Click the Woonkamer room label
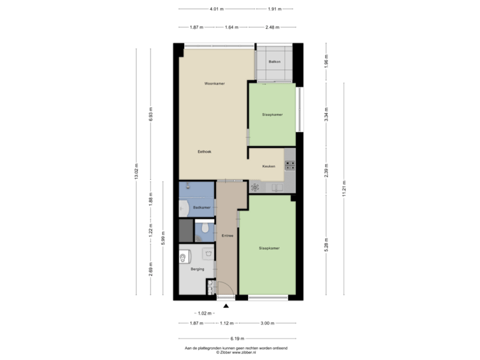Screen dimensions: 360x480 214,84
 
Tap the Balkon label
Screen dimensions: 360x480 273,62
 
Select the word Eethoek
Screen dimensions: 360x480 205,151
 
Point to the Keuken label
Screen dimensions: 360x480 269,167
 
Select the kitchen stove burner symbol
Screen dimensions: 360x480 255,187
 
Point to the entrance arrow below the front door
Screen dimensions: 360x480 226,306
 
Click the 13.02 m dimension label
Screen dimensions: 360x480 136,172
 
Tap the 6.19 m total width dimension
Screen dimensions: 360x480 237,338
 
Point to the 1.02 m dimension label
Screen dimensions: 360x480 203,313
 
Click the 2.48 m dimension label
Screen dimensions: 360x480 271,27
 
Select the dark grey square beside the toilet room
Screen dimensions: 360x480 184,230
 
